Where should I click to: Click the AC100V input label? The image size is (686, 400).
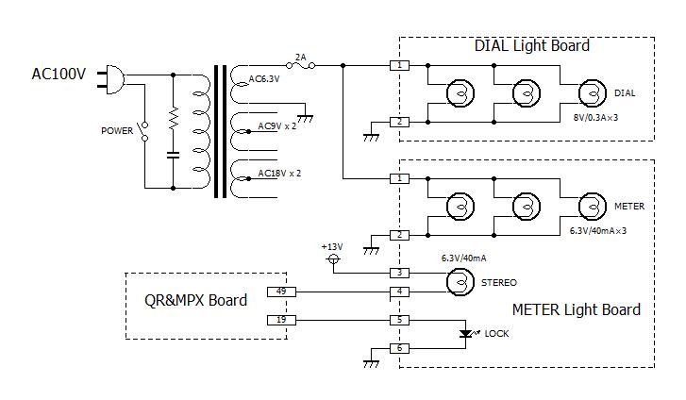(x=59, y=74)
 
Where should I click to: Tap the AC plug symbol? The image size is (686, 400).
(x=111, y=79)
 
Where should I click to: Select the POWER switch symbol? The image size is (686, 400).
(x=143, y=131)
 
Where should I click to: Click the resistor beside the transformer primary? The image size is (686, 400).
(x=174, y=118)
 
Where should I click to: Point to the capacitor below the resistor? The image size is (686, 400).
(x=174, y=155)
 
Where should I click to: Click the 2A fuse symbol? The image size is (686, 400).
(x=301, y=66)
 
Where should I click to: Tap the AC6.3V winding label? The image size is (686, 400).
(x=264, y=79)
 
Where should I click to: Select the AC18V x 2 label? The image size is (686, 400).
(x=279, y=174)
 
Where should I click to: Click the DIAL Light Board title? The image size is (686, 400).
(x=532, y=45)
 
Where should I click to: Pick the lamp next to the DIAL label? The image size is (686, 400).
(x=593, y=93)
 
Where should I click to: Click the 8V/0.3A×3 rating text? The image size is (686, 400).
(x=595, y=117)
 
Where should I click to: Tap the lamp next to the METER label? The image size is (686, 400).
(x=593, y=206)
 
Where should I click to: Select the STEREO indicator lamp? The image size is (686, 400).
(x=460, y=282)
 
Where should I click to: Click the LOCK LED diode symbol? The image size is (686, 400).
(x=465, y=334)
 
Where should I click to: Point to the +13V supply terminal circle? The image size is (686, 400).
(x=333, y=259)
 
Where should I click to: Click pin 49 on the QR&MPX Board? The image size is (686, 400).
(x=281, y=292)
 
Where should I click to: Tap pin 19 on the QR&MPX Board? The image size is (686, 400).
(x=281, y=321)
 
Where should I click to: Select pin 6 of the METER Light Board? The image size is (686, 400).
(x=399, y=348)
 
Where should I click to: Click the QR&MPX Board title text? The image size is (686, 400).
(x=195, y=300)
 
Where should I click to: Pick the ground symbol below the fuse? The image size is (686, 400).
(x=305, y=118)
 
